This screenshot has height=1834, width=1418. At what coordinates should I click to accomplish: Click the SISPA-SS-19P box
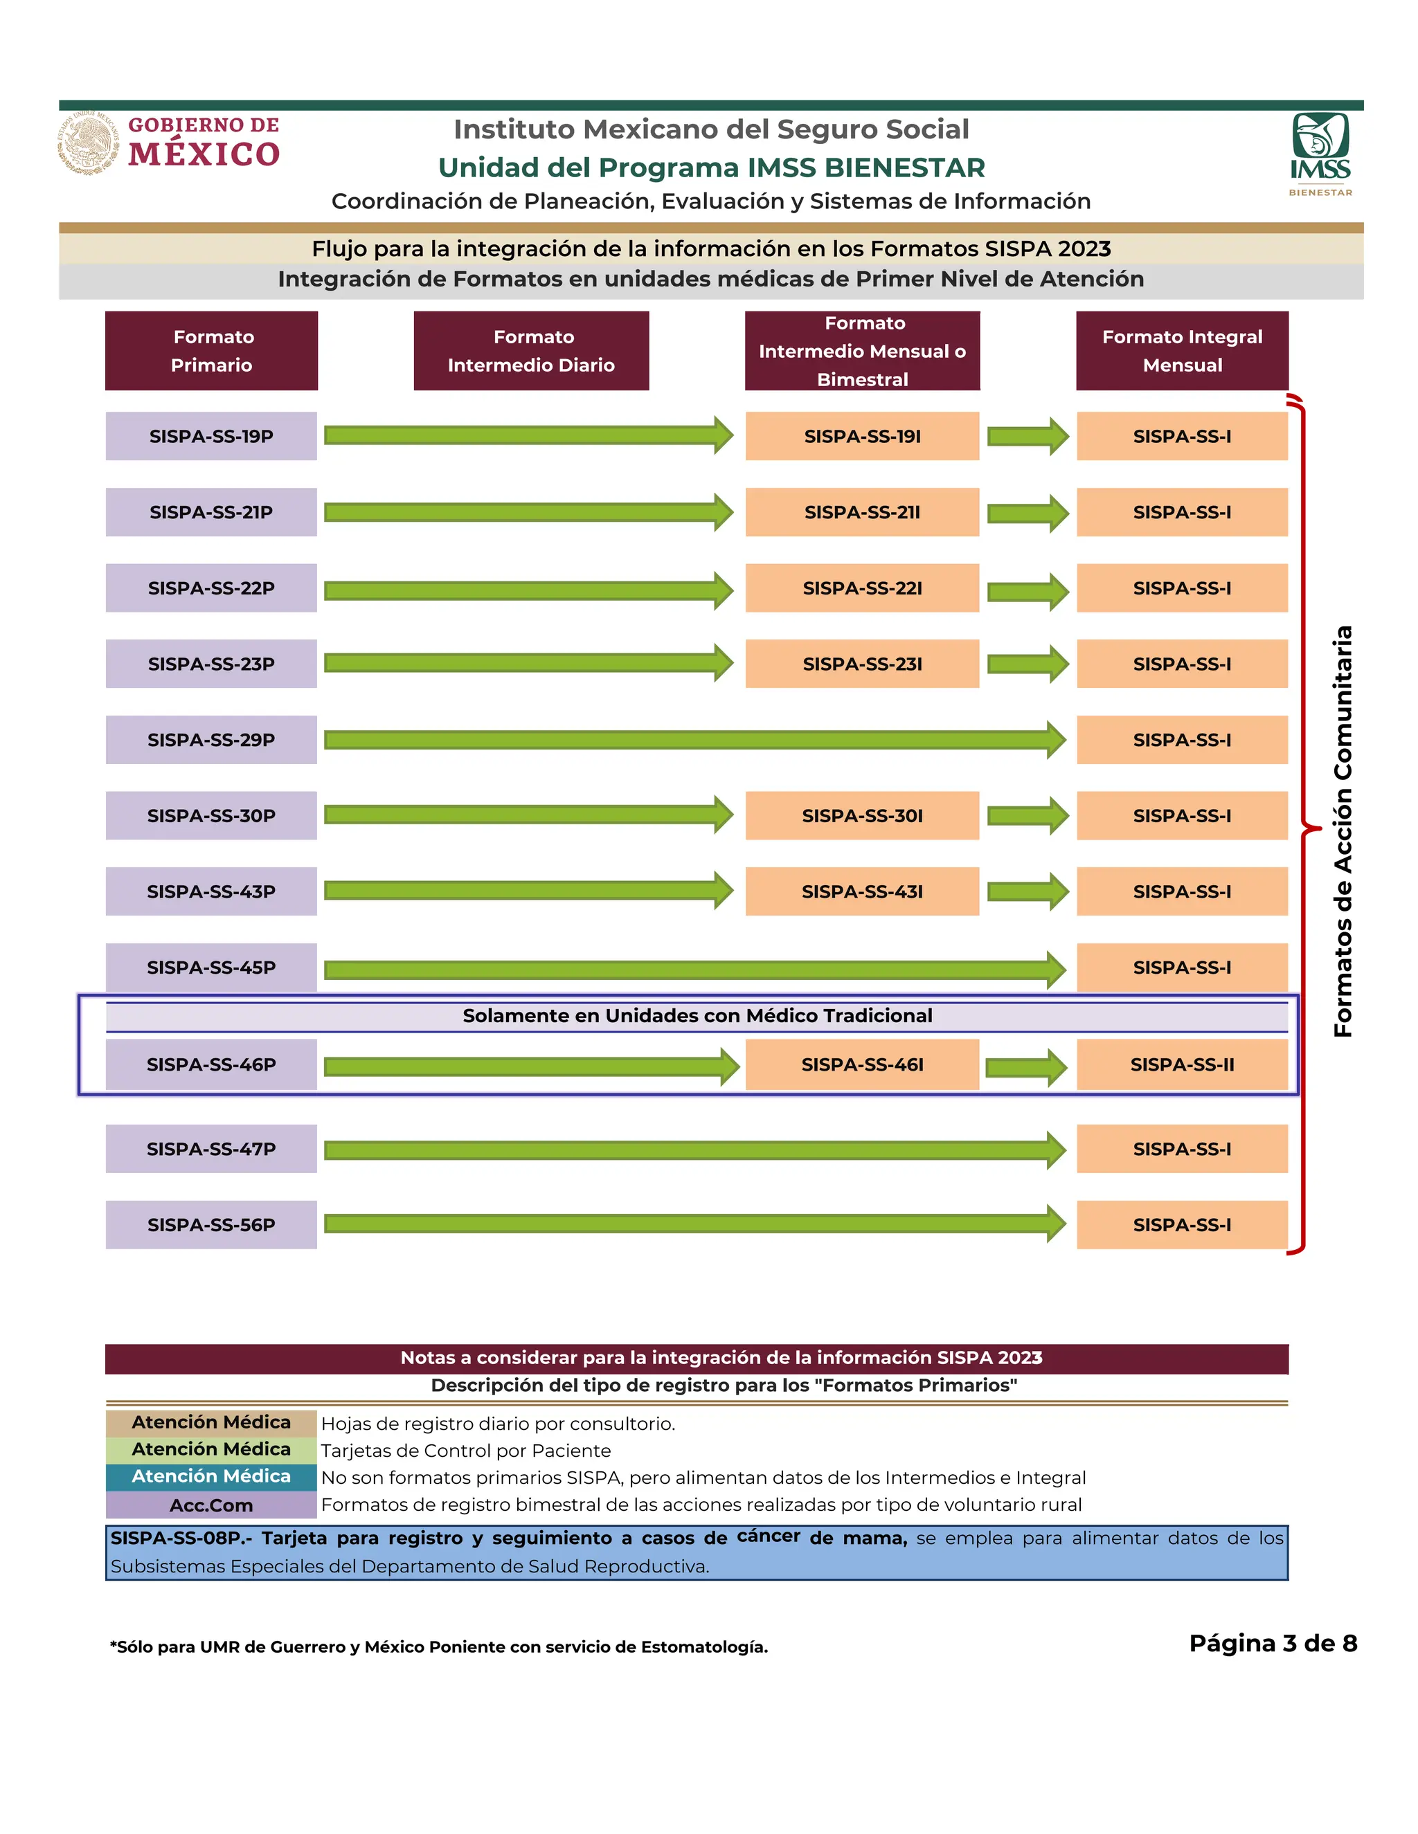point(211,436)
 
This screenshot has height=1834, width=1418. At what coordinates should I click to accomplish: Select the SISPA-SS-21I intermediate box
point(862,512)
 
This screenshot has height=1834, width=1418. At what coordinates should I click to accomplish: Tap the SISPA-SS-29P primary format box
point(211,740)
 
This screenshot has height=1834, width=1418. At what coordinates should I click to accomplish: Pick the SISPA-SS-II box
point(1182,1065)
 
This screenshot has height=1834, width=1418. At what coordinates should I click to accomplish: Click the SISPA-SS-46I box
point(862,1065)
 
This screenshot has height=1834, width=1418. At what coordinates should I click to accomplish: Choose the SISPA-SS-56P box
point(211,1224)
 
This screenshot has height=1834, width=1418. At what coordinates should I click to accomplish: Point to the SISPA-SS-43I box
point(862,892)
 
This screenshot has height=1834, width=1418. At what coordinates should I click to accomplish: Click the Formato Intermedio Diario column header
point(531,351)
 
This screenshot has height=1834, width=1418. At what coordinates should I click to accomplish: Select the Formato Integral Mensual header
point(1182,351)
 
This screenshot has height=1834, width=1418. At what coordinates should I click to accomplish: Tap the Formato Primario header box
point(211,351)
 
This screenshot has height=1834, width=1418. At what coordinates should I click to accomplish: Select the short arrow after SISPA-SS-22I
point(1027,591)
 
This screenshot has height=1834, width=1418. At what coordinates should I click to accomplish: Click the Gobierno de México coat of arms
point(87,143)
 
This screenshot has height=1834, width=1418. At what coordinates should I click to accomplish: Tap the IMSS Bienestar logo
point(1320,154)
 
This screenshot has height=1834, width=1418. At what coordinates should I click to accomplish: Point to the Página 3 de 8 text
point(1273,1644)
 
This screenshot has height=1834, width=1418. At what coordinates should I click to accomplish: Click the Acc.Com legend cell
point(211,1505)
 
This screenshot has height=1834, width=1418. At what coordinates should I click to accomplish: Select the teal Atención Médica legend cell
point(211,1477)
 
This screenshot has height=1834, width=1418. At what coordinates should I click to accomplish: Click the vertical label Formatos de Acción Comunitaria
point(1343,831)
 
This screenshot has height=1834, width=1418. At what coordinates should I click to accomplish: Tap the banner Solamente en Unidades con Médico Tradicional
point(697,1016)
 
